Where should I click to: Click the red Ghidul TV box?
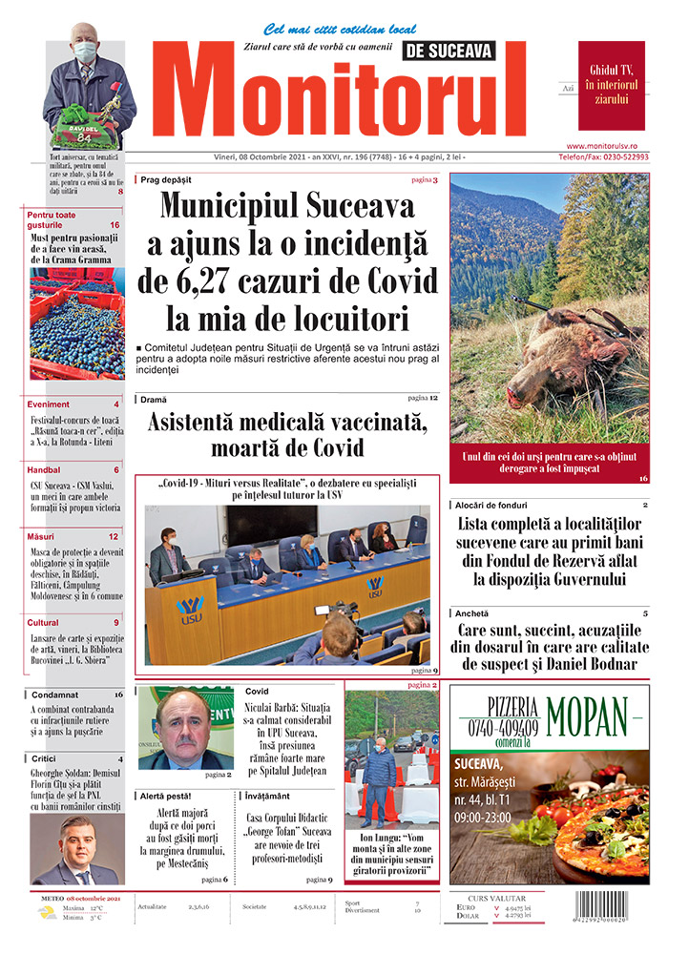(x=611, y=85)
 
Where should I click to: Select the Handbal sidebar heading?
(x=45, y=469)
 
